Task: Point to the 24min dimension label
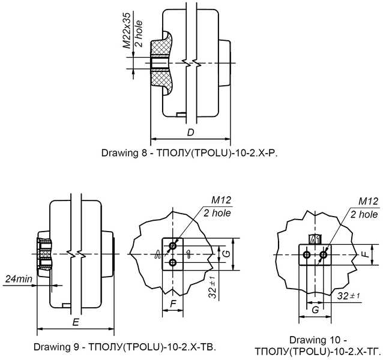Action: (19, 280)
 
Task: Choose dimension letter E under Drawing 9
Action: (74, 322)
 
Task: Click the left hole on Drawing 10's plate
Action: (307, 255)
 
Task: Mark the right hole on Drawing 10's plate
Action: (324, 255)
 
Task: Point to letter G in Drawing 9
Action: (226, 254)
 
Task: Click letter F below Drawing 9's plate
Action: (173, 304)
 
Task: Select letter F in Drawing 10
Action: (364, 254)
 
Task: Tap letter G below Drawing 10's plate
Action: (315, 309)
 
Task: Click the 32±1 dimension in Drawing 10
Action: (346, 296)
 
